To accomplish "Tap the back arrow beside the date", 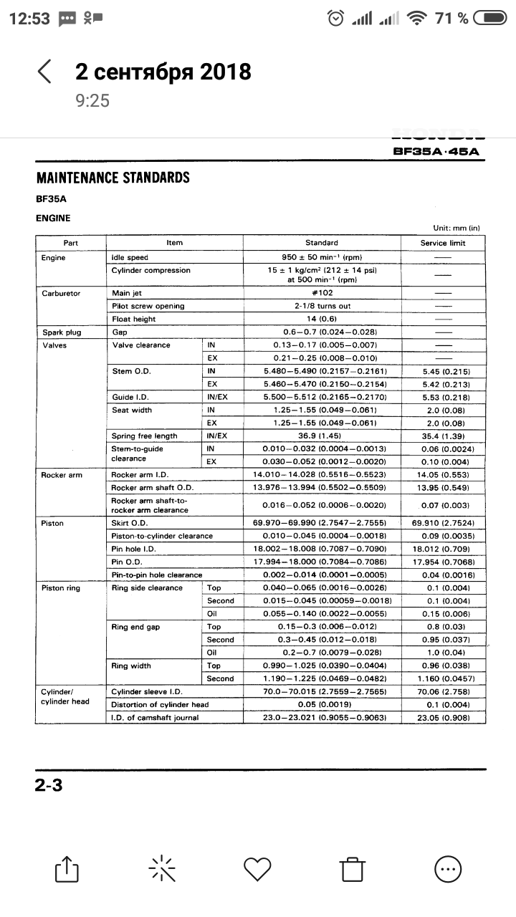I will tap(44, 72).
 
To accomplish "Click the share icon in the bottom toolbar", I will tap(65, 869).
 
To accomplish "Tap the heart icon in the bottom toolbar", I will tap(257, 869).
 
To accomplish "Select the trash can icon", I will tap(352, 869).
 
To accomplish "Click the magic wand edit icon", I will tap(161, 869).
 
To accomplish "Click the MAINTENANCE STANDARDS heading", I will tap(113, 178).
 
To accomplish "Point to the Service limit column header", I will tap(442, 243).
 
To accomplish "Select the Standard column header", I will tap(321, 243).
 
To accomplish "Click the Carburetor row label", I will tap(61, 293).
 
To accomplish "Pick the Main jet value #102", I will tap(321, 293).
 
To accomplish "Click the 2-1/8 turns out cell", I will tap(321, 306).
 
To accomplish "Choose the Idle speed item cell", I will tap(130, 258).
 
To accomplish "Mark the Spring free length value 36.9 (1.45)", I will tap(321, 436).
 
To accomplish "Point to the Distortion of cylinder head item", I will tap(160, 704).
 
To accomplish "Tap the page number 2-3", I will tap(49, 785).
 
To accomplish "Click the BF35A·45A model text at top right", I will tap(436, 151).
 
